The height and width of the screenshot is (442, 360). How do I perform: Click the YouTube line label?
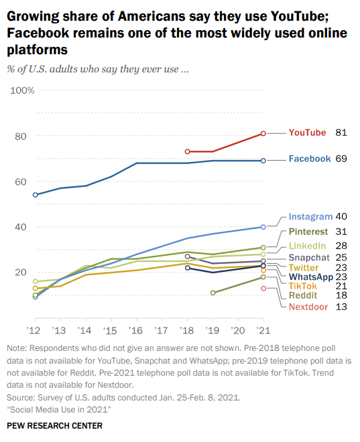pos(307,133)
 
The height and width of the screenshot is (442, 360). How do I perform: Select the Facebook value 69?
pos(341,159)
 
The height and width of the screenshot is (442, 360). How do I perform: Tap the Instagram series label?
pos(310,216)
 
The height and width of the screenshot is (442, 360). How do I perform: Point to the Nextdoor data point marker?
pos(263,289)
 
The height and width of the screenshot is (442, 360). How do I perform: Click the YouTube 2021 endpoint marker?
pos(263,133)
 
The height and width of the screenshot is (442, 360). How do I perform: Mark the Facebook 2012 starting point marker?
pos(35,195)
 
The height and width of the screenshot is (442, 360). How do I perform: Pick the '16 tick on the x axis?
pos(137,331)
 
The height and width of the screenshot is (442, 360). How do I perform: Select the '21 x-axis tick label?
pos(263,331)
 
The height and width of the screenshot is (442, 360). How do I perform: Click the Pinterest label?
pos(311,232)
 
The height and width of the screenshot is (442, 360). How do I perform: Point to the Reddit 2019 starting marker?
pos(213,293)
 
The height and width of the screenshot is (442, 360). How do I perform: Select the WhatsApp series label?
pos(311,277)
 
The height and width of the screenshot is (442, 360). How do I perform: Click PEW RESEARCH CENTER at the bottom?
pos(54,426)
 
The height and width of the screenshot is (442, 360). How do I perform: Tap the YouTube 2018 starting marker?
pos(188,151)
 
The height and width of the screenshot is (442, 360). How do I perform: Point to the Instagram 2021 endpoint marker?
pos(263,227)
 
